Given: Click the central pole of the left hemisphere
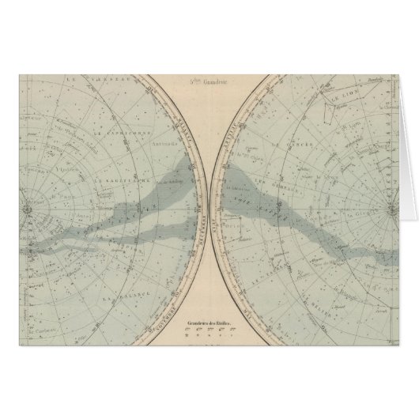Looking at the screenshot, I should pos(26,209).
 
